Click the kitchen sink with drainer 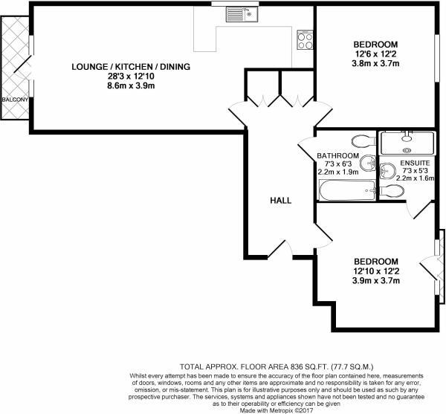pyautogui.click(x=240, y=13)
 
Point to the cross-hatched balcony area pyautogui.click(x=14, y=67)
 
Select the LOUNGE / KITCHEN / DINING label pyautogui.click(x=131, y=67)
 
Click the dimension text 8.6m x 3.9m pyautogui.click(x=131, y=87)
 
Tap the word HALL pyautogui.click(x=280, y=201)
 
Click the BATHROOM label pyautogui.click(x=338, y=156)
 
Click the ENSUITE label pyautogui.click(x=415, y=163)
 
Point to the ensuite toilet pyautogui.click(x=392, y=191)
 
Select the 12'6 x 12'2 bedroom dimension pyautogui.click(x=375, y=54)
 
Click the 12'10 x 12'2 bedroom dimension pyautogui.click(x=375, y=271)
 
